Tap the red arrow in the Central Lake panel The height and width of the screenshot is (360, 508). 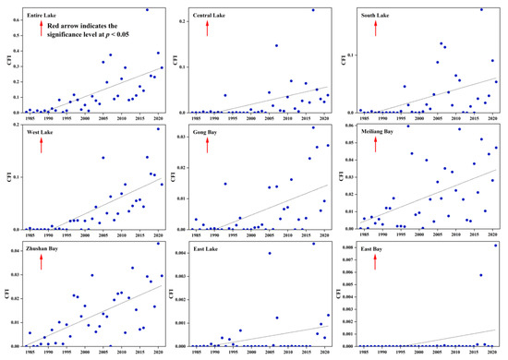point(208,28)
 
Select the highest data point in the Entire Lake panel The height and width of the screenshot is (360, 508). point(146,9)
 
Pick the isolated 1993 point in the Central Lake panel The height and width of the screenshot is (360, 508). point(224,95)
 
